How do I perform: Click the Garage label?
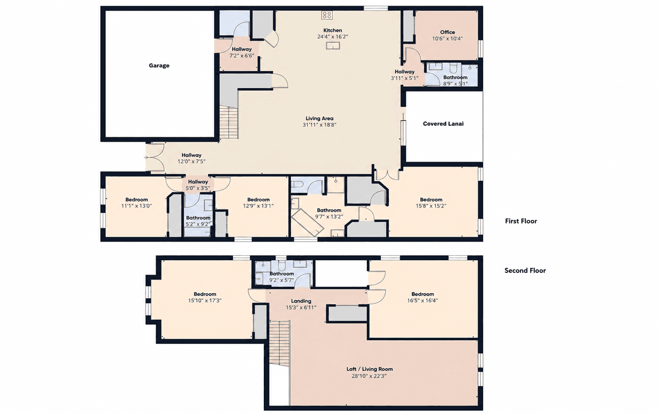159,66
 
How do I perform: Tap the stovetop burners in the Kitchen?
327,15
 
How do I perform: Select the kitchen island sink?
333,45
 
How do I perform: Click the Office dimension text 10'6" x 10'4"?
447,39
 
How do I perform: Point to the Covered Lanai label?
443,123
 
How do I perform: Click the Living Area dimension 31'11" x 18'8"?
319,125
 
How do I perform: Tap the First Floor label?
521,221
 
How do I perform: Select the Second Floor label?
525,271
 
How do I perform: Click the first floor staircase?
229,123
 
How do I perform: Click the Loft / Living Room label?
370,369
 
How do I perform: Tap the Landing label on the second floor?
301,301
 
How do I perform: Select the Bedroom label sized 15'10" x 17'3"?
205,294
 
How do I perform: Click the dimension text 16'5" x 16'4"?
422,300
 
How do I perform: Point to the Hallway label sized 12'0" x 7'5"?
192,155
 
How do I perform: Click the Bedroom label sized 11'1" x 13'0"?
137,200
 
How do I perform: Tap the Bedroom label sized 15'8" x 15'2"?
431,200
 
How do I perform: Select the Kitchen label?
333,30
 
